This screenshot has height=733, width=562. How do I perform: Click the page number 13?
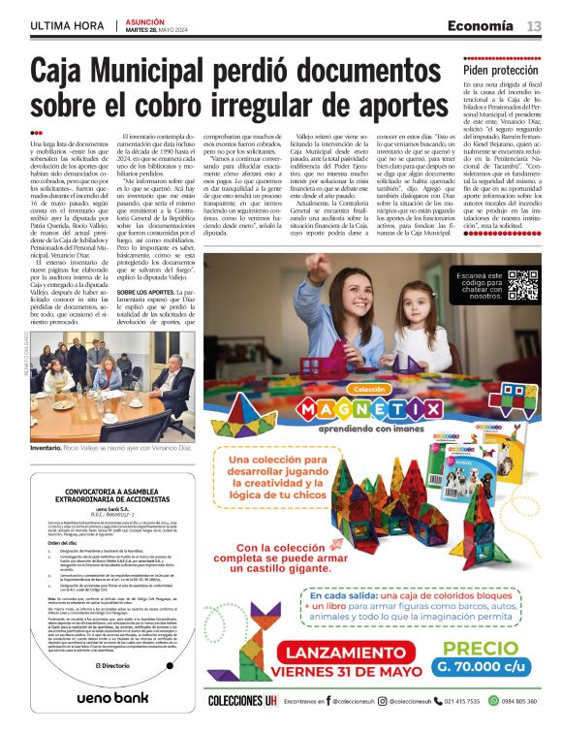534,25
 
